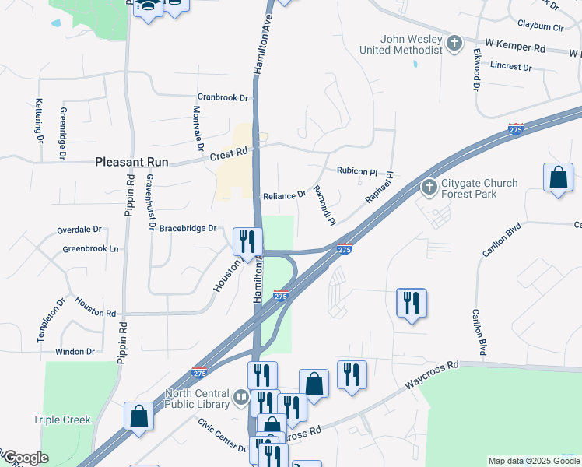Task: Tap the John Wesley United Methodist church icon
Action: click(454, 43)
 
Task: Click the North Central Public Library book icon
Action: click(241, 399)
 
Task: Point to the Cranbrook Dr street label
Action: click(222, 98)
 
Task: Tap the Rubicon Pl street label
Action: click(356, 171)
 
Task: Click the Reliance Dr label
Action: click(284, 196)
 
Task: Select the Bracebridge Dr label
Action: click(187, 228)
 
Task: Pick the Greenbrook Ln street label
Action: click(91, 249)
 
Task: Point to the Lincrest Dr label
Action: click(510, 67)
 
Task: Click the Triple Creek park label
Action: click(61, 420)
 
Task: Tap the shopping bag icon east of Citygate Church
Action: click(558, 177)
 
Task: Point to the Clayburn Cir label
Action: click(540, 26)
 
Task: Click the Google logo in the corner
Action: click(26, 458)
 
